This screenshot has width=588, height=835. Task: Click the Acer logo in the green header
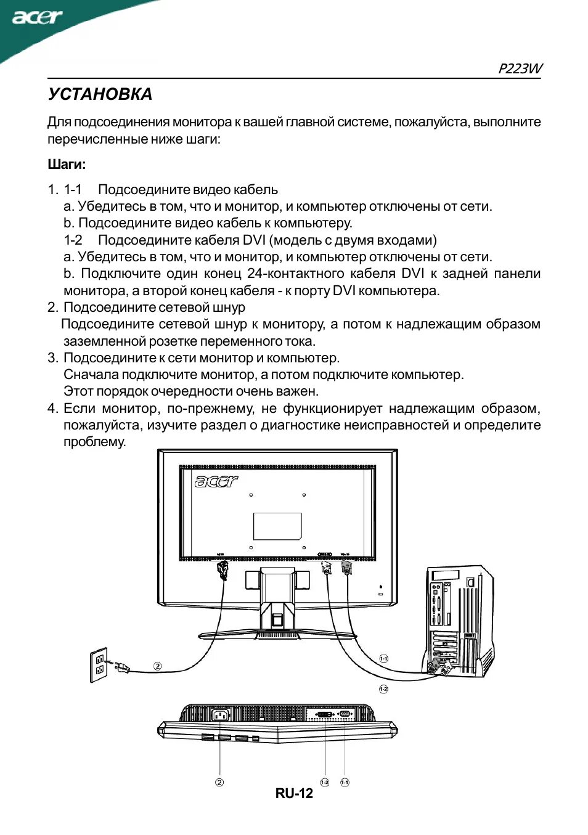point(37,17)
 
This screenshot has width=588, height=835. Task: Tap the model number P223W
point(520,68)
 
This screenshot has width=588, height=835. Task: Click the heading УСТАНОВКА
point(100,94)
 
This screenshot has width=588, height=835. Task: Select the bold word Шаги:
point(67,165)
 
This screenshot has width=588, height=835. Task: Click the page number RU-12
point(294,794)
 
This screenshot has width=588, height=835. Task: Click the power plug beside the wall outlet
point(120,666)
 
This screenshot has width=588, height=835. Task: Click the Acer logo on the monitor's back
point(216,481)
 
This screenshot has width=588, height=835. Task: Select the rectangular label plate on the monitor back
point(277,526)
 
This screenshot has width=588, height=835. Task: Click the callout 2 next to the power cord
point(158,666)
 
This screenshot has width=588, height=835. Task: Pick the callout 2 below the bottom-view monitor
point(219,782)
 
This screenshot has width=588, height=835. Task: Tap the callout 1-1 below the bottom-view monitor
point(345,782)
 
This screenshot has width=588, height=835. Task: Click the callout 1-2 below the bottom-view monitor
point(325,782)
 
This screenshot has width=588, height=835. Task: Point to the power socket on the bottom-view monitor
point(220,715)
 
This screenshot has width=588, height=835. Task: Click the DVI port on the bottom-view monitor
point(325,714)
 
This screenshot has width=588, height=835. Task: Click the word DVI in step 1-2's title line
point(254,240)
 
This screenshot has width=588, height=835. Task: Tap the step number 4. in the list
point(53,408)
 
